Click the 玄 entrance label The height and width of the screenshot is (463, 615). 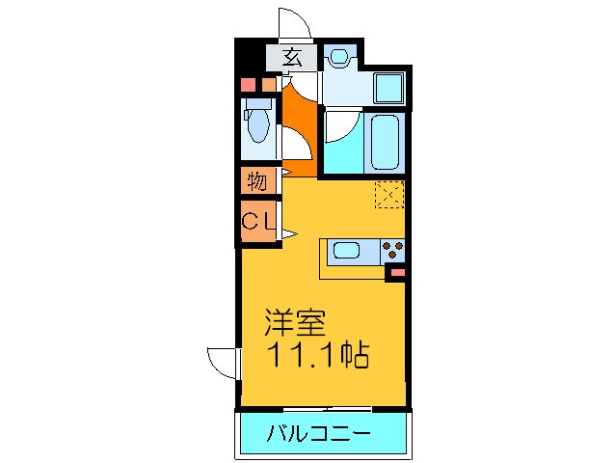(x=293, y=58)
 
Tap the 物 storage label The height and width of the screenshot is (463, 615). (x=256, y=180)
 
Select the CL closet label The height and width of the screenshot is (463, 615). (x=257, y=221)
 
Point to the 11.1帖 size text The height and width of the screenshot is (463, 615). (x=318, y=358)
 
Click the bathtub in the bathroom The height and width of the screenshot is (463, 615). (x=386, y=143)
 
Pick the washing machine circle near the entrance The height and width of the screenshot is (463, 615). (x=338, y=58)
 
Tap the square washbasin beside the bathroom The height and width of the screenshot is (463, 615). (x=389, y=90)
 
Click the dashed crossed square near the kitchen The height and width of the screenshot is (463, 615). (x=389, y=195)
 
